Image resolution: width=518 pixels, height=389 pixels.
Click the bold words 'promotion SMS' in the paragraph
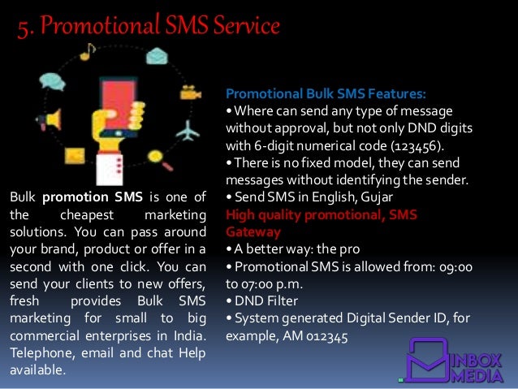click(93, 197)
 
